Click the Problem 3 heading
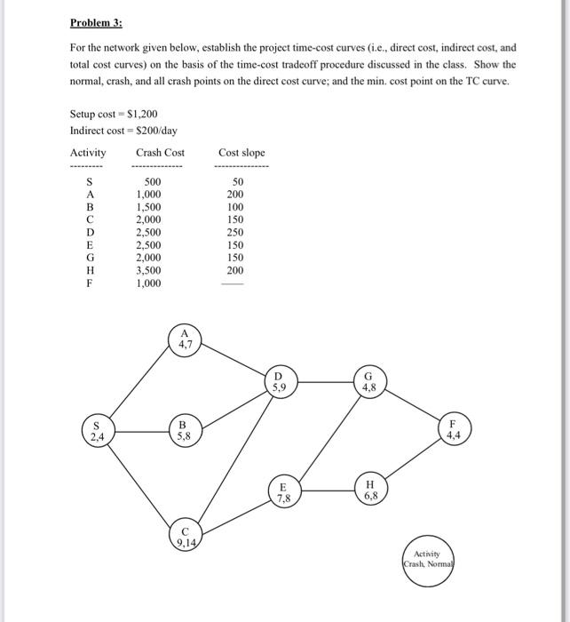coord(96,25)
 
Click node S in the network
coord(97,432)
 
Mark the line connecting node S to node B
coord(143,432)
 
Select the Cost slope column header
coord(241,153)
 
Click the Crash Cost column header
coord(160,153)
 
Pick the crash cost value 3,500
coord(148,270)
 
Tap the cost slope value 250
coord(234,233)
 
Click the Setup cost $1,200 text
coord(114,115)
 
